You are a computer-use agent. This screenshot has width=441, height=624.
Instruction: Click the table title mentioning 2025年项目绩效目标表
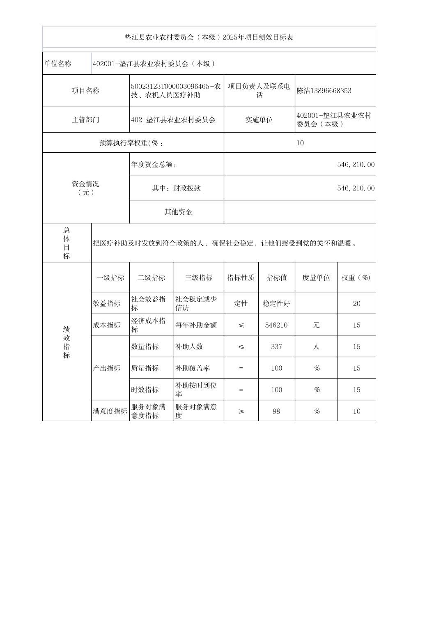coord(209,37)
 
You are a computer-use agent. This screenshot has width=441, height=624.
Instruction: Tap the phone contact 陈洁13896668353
coord(324,91)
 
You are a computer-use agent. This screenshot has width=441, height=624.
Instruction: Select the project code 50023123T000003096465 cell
coord(176,91)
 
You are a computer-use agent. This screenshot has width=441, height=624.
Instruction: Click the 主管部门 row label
coord(85,120)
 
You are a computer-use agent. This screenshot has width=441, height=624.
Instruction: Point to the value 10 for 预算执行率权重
coord(300,143)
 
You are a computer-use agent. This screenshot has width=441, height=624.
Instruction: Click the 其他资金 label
coord(178,212)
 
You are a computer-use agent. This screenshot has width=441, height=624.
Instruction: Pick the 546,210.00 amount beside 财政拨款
coord(356,188)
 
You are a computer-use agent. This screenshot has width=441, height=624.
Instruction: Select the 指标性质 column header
coord(241,278)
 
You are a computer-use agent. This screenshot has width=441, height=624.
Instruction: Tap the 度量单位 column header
coord(316,278)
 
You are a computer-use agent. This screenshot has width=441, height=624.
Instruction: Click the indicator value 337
coord(276,346)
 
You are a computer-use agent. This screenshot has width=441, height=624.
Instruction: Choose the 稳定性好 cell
coord(276,303)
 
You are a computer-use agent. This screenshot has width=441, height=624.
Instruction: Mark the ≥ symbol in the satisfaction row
coord(241,411)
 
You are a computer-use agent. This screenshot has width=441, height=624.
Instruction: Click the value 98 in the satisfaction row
coord(276,411)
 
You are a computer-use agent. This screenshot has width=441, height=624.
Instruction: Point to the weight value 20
coord(356,303)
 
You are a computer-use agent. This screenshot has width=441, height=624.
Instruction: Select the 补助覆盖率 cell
coord(193,368)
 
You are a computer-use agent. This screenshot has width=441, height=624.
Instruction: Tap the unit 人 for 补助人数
coord(316,346)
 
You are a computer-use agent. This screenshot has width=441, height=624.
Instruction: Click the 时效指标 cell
coord(145,390)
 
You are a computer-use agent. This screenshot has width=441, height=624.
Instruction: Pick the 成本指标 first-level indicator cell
coord(107,325)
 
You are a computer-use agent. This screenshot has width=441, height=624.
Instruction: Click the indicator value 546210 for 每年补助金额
coord(276,325)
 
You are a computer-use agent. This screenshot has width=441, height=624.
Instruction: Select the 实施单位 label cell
coord(259,120)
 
